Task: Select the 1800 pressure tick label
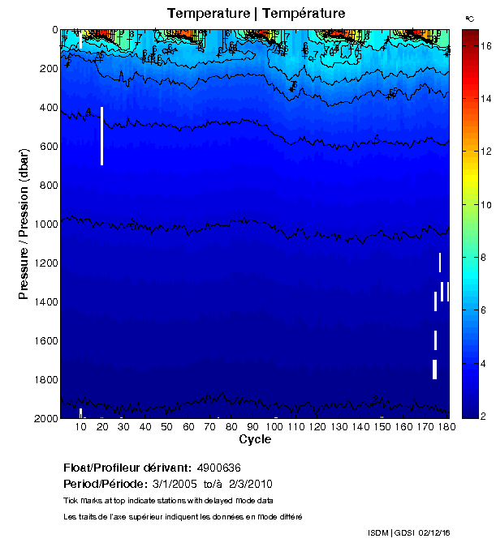(x=46, y=380)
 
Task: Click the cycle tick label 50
(x=166, y=427)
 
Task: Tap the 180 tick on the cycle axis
(x=445, y=427)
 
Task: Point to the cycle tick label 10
(x=81, y=427)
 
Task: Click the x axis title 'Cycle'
(x=255, y=440)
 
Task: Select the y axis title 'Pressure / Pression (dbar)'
(x=24, y=224)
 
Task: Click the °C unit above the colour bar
(x=469, y=18)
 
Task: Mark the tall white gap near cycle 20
(x=101, y=135)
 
